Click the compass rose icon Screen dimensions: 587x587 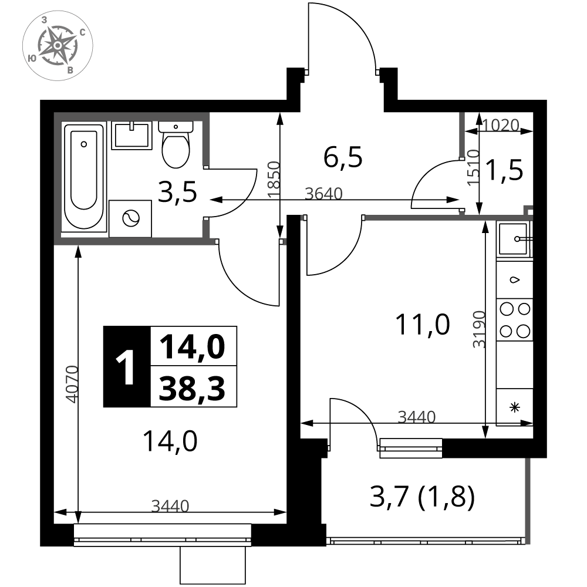(58, 45)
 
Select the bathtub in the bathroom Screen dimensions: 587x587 (84, 177)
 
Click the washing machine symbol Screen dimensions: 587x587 (130, 218)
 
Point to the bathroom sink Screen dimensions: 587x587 (131, 135)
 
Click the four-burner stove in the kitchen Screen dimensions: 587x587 (515, 320)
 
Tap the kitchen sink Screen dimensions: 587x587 (515, 239)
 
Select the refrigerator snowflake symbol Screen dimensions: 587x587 (515, 407)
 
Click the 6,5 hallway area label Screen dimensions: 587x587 (343, 157)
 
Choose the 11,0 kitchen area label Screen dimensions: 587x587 (422, 325)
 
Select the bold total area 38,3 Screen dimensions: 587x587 (193, 388)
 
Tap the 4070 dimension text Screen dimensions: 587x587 (72, 384)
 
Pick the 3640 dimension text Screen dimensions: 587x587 (324, 194)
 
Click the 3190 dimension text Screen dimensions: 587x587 (479, 329)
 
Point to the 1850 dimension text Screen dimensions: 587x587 (274, 180)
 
